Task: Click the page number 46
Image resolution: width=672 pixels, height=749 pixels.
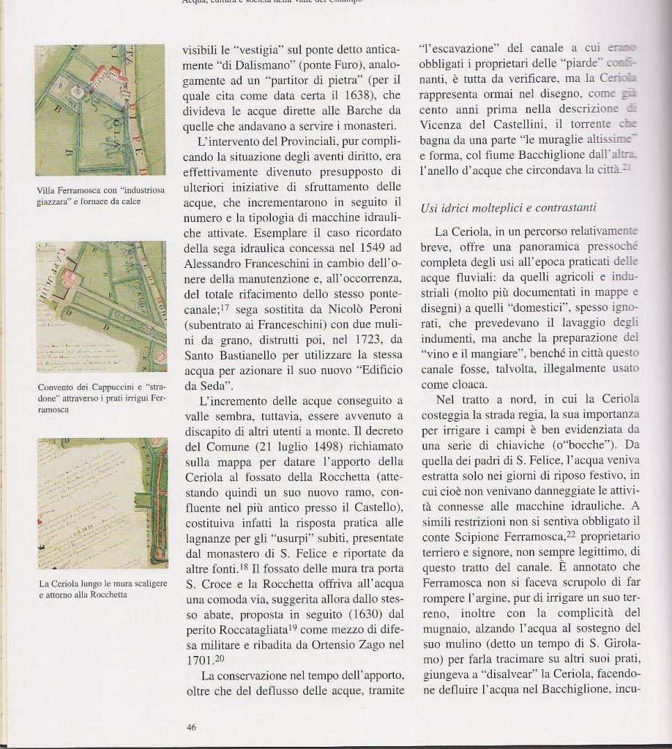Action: tap(191, 726)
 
